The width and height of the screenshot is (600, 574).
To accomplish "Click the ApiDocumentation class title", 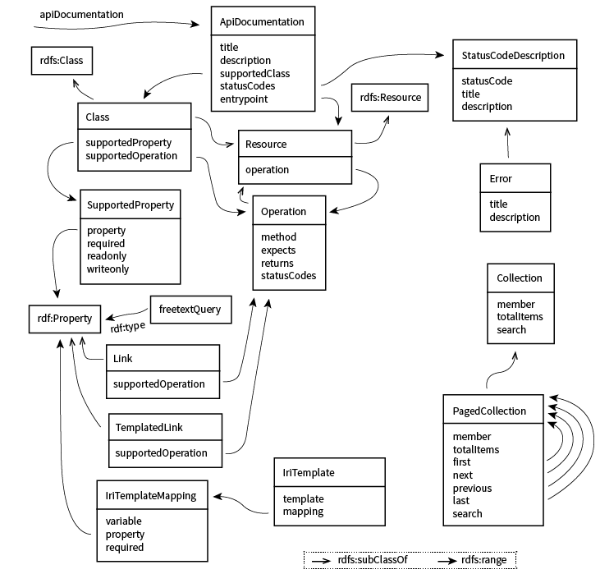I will tap(262, 22).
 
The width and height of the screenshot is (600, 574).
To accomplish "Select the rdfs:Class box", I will tap(61, 61).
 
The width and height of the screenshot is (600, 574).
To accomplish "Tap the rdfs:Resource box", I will tap(390, 98).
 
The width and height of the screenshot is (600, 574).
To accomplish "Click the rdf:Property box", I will tap(63, 316).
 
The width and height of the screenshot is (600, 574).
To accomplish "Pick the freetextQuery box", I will tap(190, 310).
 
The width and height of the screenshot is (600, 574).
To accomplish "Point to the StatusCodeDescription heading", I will tap(513, 56).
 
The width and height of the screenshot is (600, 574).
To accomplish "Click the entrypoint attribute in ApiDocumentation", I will tap(244, 99).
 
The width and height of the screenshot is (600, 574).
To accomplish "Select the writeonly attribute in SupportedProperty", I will tap(108, 269).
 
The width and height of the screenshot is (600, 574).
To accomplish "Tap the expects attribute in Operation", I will tap(278, 250).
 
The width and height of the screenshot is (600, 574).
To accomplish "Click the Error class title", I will tap(501, 178).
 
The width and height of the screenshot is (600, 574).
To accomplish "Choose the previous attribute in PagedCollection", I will tap(472, 488).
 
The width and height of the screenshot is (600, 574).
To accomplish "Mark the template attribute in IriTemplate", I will tap(303, 498).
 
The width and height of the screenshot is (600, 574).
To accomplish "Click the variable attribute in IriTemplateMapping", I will tap(125, 521).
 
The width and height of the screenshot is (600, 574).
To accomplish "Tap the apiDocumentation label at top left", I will tap(82, 15).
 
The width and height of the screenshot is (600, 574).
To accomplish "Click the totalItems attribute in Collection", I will tap(520, 317).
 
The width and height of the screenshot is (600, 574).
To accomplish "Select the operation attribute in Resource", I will tap(268, 170).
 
